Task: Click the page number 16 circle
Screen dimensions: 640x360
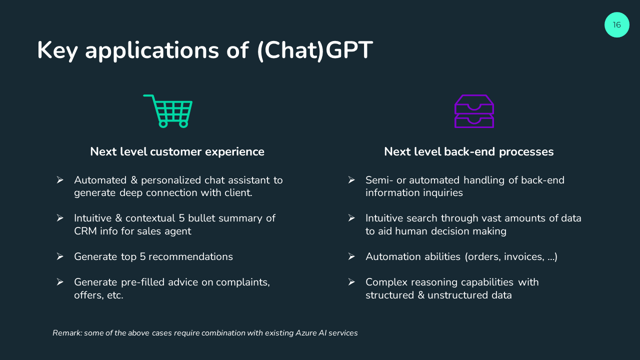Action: tap(616, 25)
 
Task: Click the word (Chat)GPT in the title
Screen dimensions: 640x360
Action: tap(315, 50)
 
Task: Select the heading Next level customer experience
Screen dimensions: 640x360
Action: tap(177, 151)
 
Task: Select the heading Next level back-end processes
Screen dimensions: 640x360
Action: tap(469, 151)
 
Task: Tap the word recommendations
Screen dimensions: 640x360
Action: tap(190, 256)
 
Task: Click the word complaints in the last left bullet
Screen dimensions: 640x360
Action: tap(242, 282)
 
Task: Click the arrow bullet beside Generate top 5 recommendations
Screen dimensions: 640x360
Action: tap(60, 256)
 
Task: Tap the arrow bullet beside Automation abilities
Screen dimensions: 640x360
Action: tap(351, 256)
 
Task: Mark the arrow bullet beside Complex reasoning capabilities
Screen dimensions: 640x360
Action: tap(351, 282)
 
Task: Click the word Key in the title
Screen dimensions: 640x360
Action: tap(57, 51)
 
